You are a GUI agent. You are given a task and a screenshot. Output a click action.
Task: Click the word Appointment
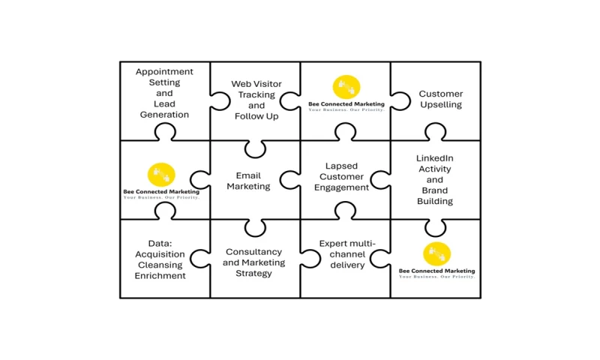tap(164, 72)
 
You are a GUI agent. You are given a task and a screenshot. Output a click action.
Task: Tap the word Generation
tap(164, 115)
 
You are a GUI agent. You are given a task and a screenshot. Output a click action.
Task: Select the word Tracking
tap(256, 95)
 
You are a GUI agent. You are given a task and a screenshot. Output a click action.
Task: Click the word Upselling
tap(441, 105)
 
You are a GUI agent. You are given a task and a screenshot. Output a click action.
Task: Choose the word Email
tap(248, 176)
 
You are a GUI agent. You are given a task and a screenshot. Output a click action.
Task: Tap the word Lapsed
tap(341, 166)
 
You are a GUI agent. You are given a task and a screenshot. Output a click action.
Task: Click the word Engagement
tap(341, 187)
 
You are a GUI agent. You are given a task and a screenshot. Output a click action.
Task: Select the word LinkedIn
tap(435, 158)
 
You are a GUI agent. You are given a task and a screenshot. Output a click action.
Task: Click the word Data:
tap(160, 244)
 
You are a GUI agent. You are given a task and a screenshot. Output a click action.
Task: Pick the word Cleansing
tap(160, 265)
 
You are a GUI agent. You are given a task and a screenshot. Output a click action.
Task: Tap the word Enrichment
tap(160, 275)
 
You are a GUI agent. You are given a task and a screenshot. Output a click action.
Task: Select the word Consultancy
tap(253, 252)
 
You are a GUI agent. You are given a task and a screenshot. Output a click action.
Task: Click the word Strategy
tap(253, 273)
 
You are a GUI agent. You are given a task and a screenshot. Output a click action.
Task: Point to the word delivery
tap(346, 265)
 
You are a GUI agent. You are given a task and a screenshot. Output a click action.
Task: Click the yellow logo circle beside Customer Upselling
tap(346, 87)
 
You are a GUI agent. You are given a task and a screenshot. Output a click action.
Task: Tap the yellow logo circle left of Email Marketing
tap(161, 175)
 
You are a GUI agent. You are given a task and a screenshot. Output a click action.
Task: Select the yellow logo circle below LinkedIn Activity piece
tap(436, 253)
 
